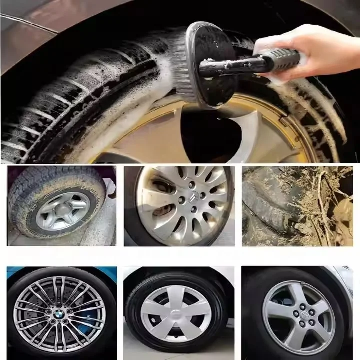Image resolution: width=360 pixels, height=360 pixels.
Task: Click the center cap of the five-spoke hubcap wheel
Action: (x=176, y=313)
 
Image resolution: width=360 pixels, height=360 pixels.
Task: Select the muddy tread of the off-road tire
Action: (x=30, y=190)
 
